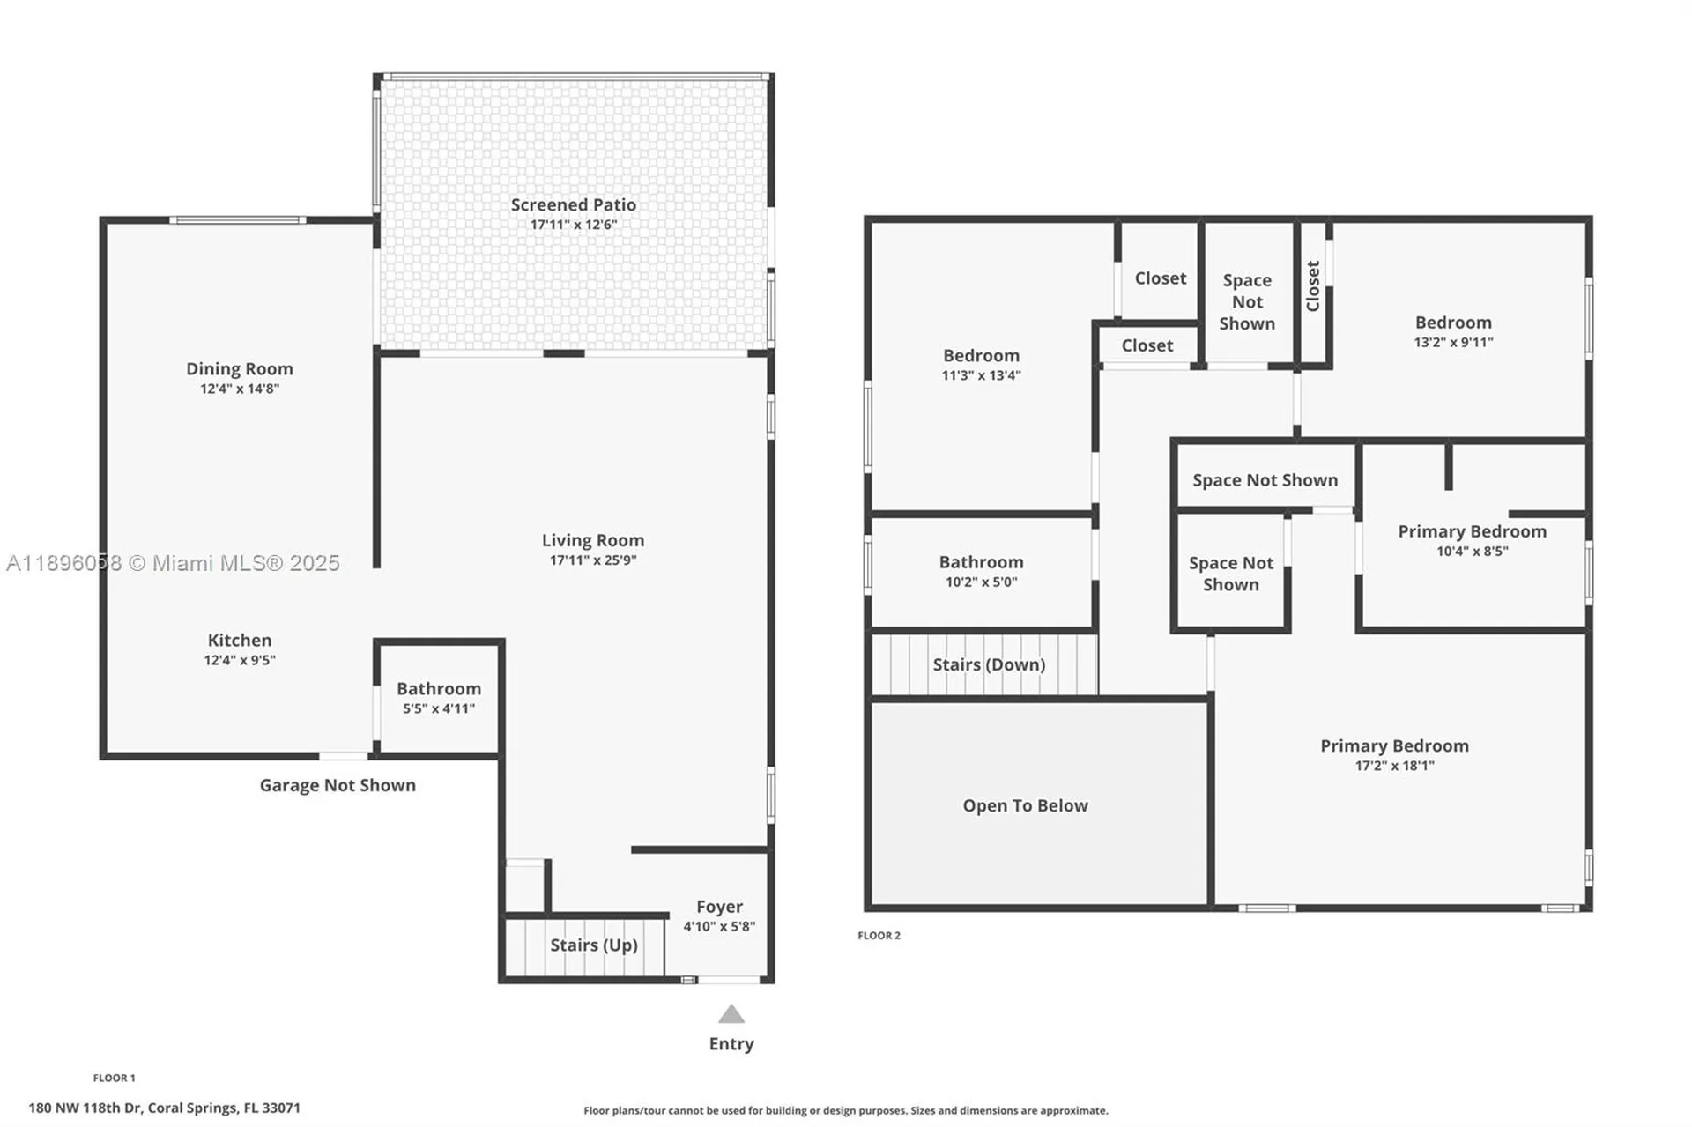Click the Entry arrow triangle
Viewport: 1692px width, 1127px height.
point(731,1014)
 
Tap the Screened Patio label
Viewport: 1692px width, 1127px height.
point(573,204)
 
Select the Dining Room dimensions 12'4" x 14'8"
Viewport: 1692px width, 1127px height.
point(239,389)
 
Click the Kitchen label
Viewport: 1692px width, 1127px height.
point(239,641)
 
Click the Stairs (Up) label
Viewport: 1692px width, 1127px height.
point(593,945)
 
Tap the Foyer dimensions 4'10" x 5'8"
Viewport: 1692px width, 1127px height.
point(719,926)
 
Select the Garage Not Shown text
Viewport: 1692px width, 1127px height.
point(337,785)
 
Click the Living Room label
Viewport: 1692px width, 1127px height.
point(592,540)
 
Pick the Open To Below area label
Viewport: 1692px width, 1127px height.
point(1025,805)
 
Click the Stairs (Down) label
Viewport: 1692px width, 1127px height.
point(989,664)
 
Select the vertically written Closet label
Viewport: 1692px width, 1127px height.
point(1313,285)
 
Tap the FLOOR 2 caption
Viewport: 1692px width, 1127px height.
point(879,936)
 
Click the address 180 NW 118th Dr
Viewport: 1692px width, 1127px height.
point(164,1108)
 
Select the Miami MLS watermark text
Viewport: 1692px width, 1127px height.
point(173,563)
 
